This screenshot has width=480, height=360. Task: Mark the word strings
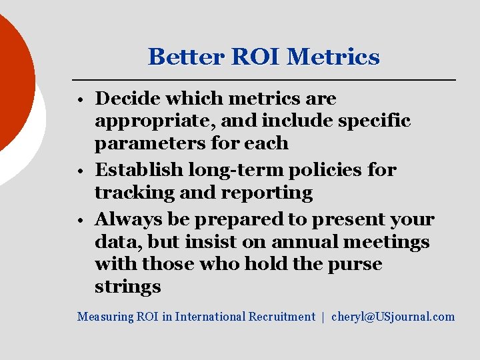pyautogui.click(x=128, y=287)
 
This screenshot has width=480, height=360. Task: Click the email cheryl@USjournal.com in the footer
pyautogui.click(x=393, y=317)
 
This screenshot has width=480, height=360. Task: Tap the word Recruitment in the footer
pyautogui.click(x=281, y=317)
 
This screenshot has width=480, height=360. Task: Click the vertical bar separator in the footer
pyautogui.click(x=323, y=317)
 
